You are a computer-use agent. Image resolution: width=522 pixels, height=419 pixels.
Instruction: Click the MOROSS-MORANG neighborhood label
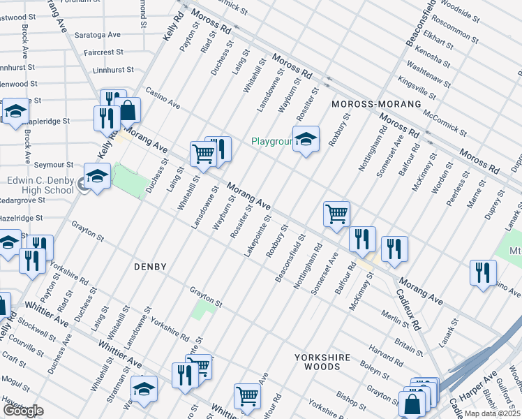tap(376, 104)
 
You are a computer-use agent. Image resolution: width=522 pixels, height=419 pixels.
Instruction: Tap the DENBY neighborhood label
tap(150, 267)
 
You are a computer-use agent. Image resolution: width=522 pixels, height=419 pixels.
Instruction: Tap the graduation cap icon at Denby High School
tap(97, 176)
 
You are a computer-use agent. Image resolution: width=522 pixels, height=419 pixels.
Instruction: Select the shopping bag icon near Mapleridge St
tap(128, 110)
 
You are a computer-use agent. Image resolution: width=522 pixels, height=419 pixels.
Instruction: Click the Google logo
tap(24, 411)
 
